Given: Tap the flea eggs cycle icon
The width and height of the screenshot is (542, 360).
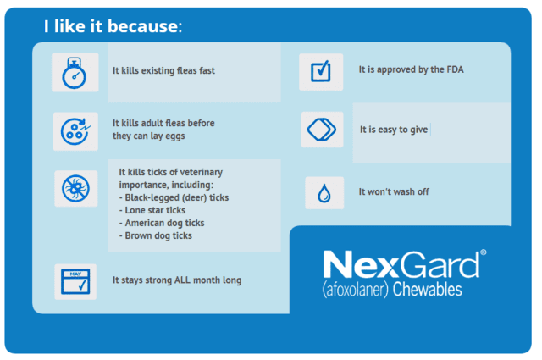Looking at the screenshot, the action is (75, 131).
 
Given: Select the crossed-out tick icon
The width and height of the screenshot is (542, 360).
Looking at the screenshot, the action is (75, 189).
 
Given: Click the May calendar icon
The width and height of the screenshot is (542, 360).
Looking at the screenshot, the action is (75, 281).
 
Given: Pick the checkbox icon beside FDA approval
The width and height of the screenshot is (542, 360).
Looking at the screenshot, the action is (320, 72).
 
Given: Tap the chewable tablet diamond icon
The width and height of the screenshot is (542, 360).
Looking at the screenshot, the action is (322, 130).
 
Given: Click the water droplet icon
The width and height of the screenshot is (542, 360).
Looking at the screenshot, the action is (324, 193).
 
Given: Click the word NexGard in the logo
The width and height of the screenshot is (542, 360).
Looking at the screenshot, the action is (401, 264).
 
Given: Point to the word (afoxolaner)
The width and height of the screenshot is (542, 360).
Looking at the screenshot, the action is (356, 290).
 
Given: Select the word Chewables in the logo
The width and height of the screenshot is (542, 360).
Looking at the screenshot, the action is (427, 289).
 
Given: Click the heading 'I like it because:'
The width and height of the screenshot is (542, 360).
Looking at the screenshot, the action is (113, 26).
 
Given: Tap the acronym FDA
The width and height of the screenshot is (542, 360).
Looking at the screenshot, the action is (455, 69).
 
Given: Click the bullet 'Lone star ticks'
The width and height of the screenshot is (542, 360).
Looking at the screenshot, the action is (152, 210).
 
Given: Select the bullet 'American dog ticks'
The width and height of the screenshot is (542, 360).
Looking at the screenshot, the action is (162, 223).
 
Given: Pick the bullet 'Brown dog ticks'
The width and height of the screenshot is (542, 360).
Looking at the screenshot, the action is (156, 235).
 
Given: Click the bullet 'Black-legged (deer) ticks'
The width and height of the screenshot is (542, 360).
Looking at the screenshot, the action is (174, 197).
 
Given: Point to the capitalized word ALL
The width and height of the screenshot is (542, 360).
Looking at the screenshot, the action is (182, 280).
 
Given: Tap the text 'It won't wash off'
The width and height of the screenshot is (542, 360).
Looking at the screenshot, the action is (394, 192).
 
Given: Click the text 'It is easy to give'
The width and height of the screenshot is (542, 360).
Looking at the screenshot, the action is (394, 130).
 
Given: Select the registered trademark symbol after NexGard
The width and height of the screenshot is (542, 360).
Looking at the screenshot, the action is (484, 252).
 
